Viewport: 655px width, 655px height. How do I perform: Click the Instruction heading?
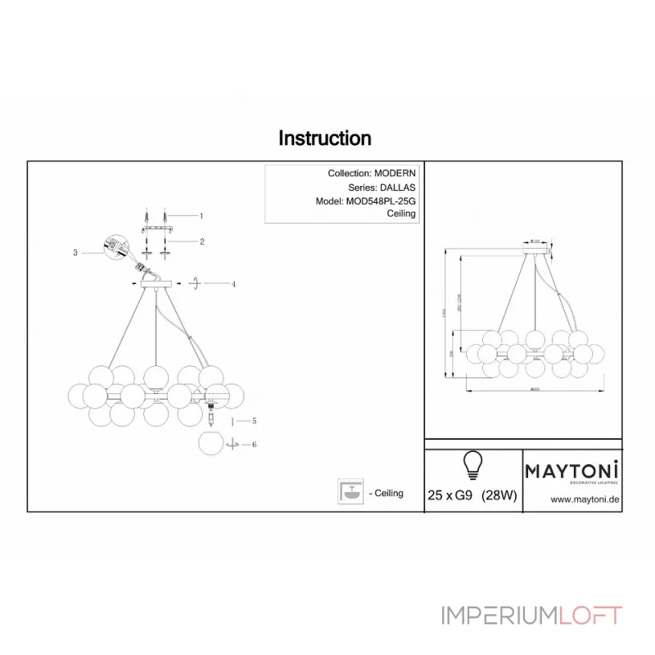pyautogui.click(x=325, y=138)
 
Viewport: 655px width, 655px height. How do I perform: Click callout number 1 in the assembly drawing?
pyautogui.click(x=201, y=216)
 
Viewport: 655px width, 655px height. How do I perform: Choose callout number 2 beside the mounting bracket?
pyautogui.click(x=201, y=242)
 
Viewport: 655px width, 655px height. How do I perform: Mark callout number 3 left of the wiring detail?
pyautogui.click(x=75, y=253)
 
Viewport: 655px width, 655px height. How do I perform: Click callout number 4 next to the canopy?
pyautogui.click(x=233, y=284)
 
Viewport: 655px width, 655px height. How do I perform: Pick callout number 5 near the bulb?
pyautogui.click(x=255, y=421)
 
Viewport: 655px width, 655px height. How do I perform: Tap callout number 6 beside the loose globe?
pyautogui.click(x=255, y=444)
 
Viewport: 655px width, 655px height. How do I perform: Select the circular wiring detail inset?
pyautogui.click(x=115, y=246)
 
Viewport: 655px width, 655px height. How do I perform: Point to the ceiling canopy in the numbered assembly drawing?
pyautogui.click(x=155, y=283)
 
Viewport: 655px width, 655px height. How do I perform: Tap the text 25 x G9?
pyautogui.click(x=450, y=495)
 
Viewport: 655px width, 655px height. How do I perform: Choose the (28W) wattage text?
pyautogui.click(x=499, y=495)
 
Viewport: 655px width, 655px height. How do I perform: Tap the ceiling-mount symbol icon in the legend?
pyautogui.click(x=350, y=491)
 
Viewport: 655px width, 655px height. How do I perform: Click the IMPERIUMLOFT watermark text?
pyautogui.click(x=531, y=616)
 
